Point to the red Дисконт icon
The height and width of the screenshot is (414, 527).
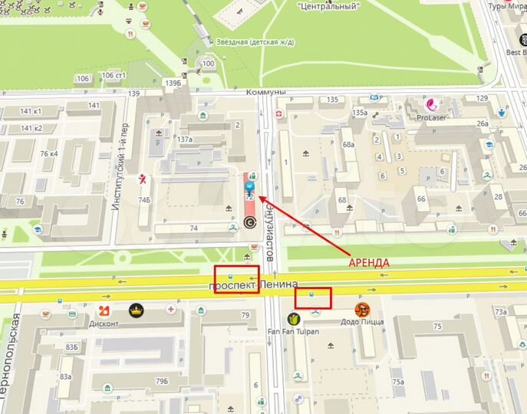tap(105, 310)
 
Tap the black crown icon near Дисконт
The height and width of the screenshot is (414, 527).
tap(136, 310)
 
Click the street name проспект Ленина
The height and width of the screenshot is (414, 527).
tap(253, 286)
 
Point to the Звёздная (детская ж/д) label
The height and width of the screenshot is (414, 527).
tap(252, 42)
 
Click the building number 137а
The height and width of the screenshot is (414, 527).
tap(184, 140)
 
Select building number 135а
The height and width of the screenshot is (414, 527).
tap(360, 113)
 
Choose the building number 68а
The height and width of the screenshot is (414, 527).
tap(349, 144)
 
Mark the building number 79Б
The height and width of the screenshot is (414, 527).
tap(162, 381)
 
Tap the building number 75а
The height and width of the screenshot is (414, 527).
tap(397, 382)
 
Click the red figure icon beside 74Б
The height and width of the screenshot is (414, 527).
tap(143, 179)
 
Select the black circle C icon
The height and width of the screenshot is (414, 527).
tap(249, 222)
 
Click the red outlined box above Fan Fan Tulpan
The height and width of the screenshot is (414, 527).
tap(312, 298)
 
